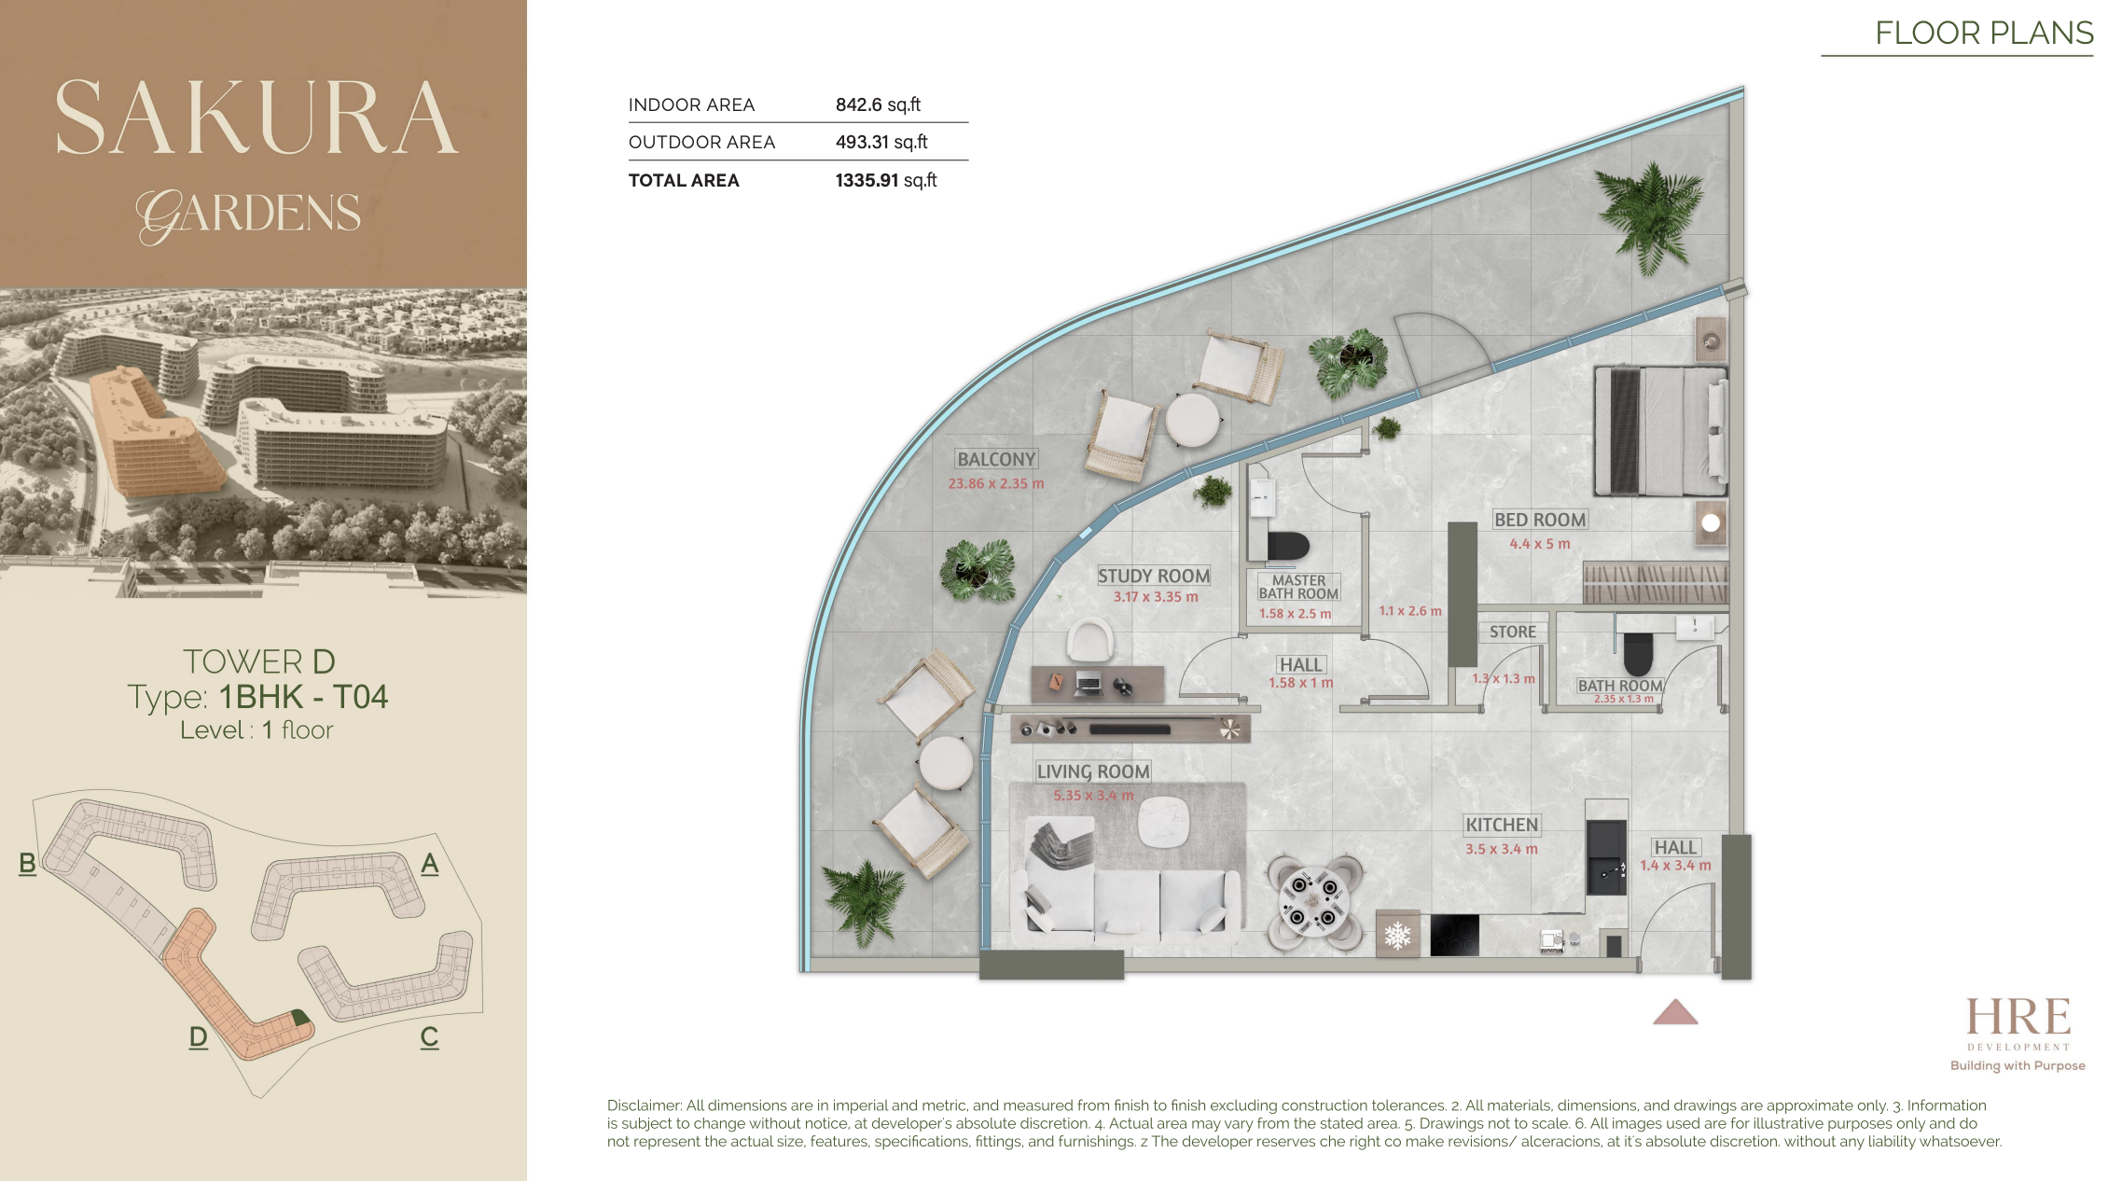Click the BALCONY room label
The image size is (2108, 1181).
tap(996, 459)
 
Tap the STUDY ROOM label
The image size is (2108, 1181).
tap(1154, 576)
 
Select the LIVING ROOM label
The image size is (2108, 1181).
tap(1093, 771)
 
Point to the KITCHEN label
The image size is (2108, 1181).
tap(1502, 825)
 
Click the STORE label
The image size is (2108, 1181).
tap(1512, 632)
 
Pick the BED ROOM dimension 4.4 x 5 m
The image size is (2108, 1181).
tap(1540, 544)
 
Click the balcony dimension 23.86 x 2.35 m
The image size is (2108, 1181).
tap(996, 483)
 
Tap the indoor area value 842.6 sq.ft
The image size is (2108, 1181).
tap(878, 104)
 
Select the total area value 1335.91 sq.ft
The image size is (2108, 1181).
tap(886, 180)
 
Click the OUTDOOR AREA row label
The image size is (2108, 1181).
tap(701, 142)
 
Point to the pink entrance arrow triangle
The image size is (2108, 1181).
tap(1675, 1012)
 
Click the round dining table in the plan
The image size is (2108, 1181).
tap(1314, 902)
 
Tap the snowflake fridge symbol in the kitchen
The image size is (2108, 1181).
tap(1397, 935)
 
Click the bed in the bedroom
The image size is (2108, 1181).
tap(1660, 430)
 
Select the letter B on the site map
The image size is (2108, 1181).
tap(28, 863)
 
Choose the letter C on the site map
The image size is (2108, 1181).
tap(429, 1036)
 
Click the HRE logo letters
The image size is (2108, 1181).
tap(2018, 1016)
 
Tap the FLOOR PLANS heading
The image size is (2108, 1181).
tap(1984, 33)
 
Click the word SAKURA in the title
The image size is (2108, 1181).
tap(257, 118)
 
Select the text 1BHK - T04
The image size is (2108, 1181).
tap(303, 697)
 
